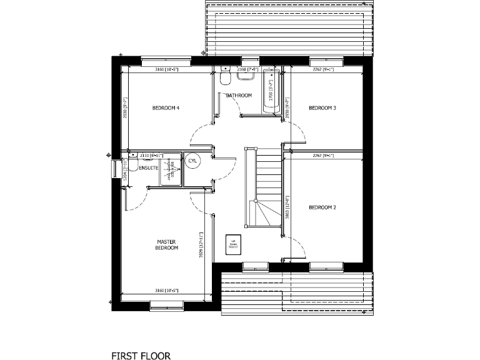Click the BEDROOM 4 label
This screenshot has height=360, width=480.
pyautogui.click(x=166, y=108)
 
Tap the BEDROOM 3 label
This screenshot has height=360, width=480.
pyautogui.click(x=322, y=108)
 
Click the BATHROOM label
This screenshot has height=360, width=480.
pyautogui.click(x=239, y=96)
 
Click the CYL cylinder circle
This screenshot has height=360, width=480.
pyautogui.click(x=192, y=161)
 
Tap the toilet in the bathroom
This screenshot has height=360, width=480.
pyautogui.click(x=225, y=77)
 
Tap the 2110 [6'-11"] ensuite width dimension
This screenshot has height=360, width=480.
pyautogui.click(x=152, y=154)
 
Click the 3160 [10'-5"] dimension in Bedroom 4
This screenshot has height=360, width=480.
pyautogui.click(x=166, y=69)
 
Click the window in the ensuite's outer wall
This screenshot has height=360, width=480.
pyautogui.click(x=115, y=169)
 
